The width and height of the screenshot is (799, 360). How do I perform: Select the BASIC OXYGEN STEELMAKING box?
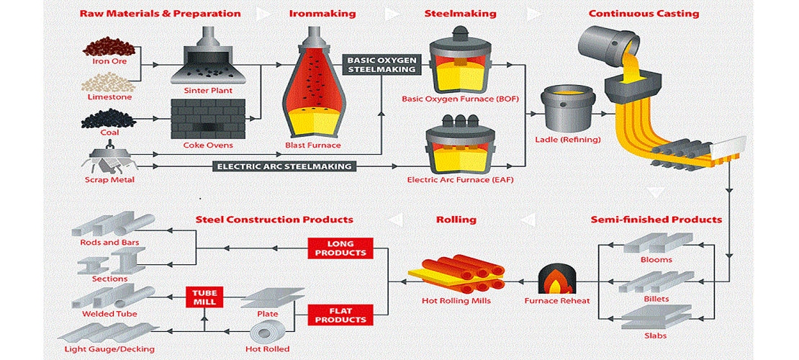[382, 65]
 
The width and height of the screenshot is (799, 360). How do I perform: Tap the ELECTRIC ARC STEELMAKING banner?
[285, 166]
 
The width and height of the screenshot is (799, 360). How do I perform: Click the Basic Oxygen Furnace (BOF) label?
[460, 98]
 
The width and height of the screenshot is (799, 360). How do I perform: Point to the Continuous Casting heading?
[644, 14]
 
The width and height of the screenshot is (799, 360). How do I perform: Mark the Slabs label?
[655, 336]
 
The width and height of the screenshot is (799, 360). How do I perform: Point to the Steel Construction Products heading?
[274, 219]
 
